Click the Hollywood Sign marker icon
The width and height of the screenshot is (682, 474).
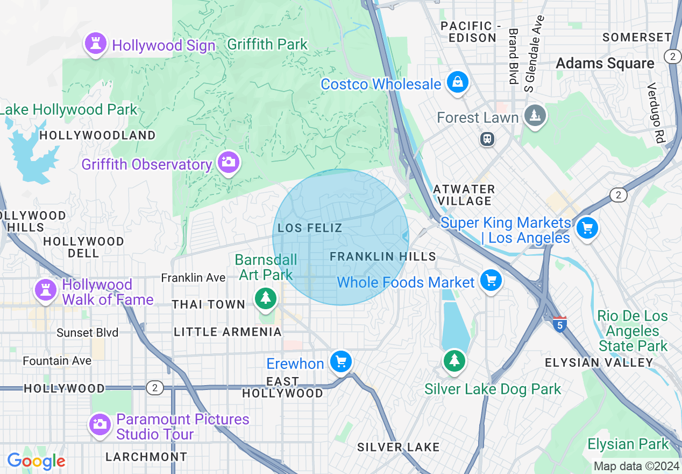click(96, 44)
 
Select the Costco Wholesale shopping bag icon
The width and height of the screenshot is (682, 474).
click(457, 82)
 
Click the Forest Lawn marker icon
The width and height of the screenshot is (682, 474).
click(535, 115)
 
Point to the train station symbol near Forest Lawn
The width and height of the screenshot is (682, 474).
click(487, 139)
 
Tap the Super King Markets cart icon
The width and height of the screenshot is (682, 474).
click(587, 228)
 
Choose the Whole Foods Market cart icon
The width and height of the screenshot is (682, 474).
click(491, 280)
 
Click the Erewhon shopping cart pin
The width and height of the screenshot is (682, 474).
click(340, 361)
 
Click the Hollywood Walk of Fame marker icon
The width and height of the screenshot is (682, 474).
click(46, 290)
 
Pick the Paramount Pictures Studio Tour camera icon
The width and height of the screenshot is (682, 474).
click(100, 424)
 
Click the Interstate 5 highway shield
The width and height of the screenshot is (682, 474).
click(560, 324)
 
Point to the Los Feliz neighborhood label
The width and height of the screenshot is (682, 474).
click(310, 228)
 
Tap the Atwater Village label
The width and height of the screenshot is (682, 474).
click(464, 195)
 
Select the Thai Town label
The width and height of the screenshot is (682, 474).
click(209, 304)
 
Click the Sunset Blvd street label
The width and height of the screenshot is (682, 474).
click(87, 332)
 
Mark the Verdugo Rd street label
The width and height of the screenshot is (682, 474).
click(656, 113)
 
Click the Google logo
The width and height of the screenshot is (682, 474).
click(36, 461)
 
